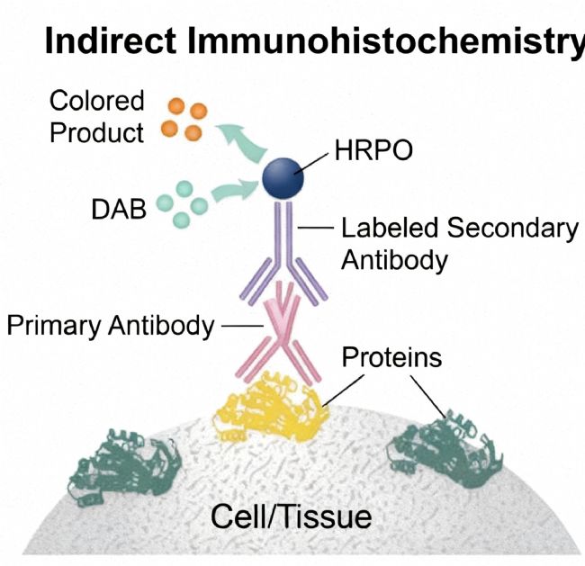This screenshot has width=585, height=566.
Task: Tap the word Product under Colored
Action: point(97,132)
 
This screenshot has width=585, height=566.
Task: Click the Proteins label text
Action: point(391,357)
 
